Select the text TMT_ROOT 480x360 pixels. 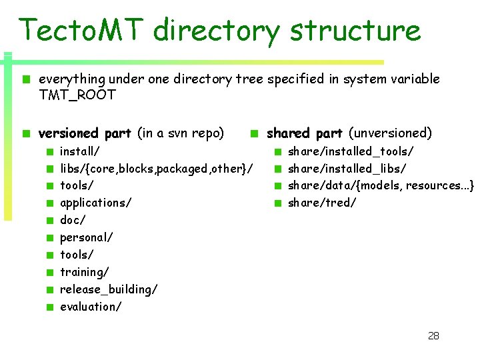coord(77,95)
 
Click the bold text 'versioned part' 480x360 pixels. coord(85,133)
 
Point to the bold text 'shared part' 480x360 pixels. coord(305,133)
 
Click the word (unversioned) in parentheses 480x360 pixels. coord(391,133)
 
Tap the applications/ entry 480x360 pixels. coord(95,203)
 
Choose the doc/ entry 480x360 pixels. coord(73,220)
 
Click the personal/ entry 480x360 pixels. coord(87,237)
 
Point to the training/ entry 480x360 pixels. coord(85,272)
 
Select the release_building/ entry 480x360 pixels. coord(109,289)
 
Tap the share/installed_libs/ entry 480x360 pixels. coord(347,169)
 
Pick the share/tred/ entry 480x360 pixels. coord(322,203)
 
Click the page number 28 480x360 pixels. coord(433,335)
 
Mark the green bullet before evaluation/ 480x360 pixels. coord(50,307)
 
